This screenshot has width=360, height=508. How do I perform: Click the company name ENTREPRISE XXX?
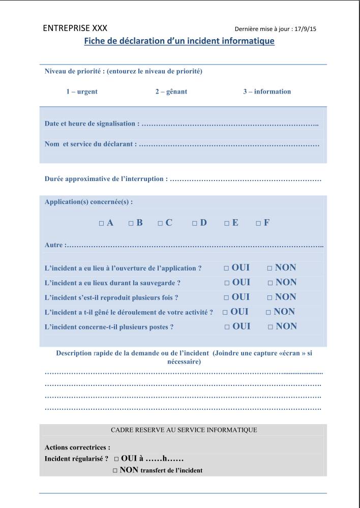pos(75,28)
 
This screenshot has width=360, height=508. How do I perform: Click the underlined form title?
pos(179,41)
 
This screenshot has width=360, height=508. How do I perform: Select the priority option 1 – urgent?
pos(81,92)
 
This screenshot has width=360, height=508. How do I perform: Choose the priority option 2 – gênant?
pos(171,92)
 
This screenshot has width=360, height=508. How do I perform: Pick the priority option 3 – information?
pos(267,92)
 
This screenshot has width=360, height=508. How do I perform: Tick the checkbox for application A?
pos(102,223)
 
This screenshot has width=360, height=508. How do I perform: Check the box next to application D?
pos(195,223)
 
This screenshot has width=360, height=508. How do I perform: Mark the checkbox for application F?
pos(258,223)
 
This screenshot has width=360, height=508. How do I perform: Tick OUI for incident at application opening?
pos(226,268)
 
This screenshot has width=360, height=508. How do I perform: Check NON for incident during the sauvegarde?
pos(271,283)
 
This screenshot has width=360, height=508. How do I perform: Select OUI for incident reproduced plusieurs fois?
pos(226,297)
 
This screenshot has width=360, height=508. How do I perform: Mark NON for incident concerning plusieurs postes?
pos(271,327)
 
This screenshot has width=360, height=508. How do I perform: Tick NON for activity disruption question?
pos(268,312)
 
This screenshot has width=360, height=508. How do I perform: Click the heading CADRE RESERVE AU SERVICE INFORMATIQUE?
pos(184,430)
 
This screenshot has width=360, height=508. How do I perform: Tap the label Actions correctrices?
pos(77,447)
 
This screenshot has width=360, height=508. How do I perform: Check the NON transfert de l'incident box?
pos(115,471)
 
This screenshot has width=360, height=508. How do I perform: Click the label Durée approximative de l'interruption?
pos(106,179)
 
